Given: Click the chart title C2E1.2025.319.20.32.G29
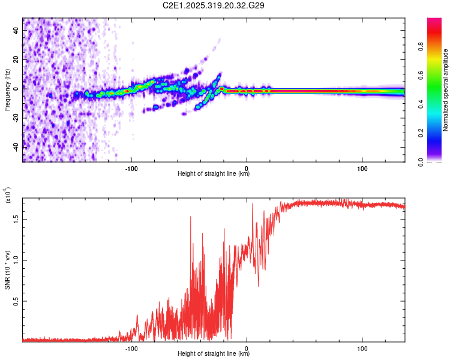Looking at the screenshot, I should coord(214,5).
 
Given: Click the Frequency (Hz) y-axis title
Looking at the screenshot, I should coord(7,90).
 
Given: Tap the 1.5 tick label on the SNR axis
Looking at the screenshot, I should coord(17,219).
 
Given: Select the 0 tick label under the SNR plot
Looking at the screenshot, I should coord(247,347).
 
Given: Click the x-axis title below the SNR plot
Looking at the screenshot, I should coord(214,353).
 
